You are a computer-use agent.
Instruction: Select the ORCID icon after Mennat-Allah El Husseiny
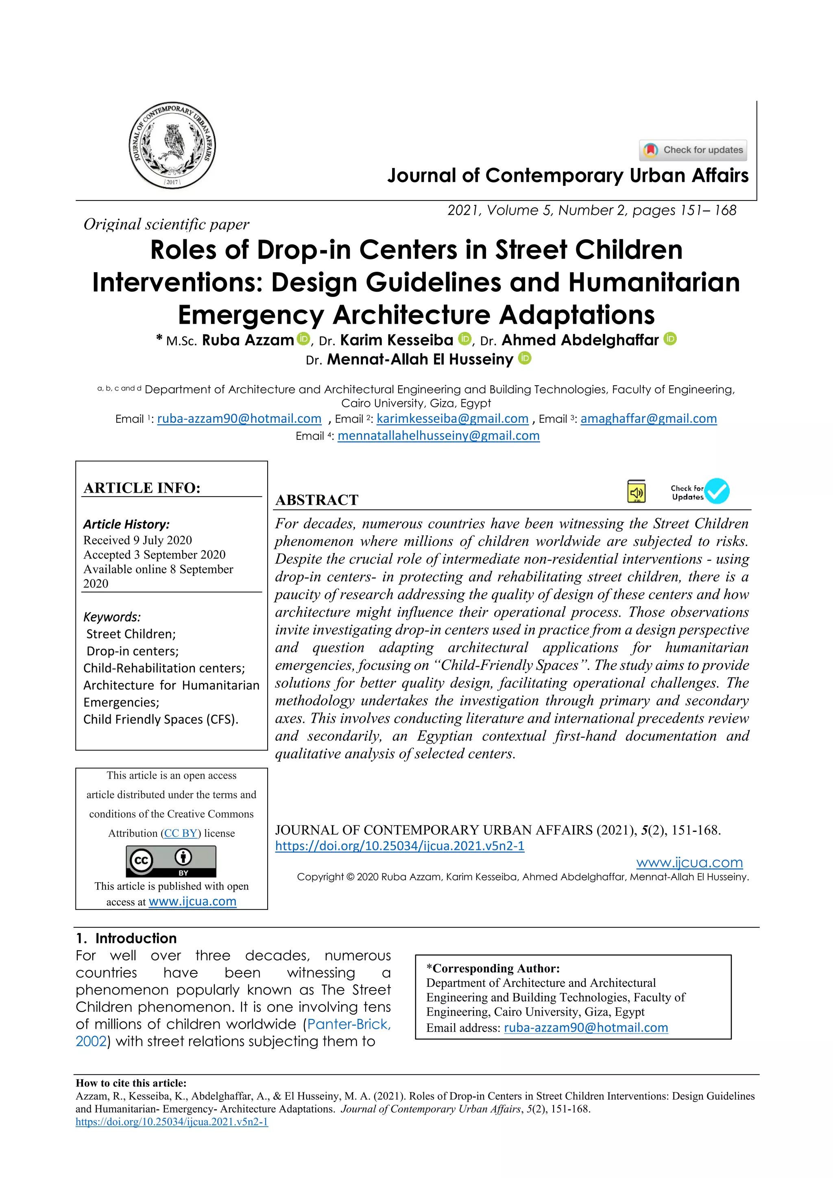tap(524, 358)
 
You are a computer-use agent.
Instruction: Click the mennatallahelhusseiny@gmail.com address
tap(438, 436)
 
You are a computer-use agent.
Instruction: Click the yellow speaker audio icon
tap(636, 491)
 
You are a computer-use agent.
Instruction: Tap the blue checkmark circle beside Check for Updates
tap(717, 491)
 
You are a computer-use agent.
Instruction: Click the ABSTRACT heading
tap(316, 500)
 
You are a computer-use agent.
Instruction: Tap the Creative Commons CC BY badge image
tap(171, 862)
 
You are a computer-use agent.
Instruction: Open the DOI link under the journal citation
tap(399, 846)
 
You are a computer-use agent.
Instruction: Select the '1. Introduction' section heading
tap(126, 938)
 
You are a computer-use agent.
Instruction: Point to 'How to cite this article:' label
tap(131, 1083)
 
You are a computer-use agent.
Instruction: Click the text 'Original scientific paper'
tap(166, 224)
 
